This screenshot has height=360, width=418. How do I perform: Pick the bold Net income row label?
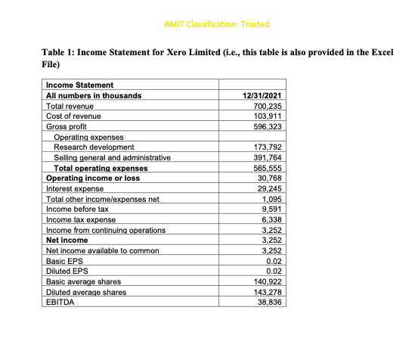click(67, 240)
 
